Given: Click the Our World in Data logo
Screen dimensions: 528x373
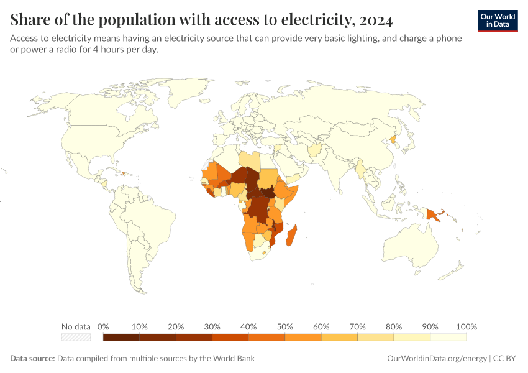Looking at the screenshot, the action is (x=498, y=21).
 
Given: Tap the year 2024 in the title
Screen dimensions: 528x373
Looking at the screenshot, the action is (x=376, y=20).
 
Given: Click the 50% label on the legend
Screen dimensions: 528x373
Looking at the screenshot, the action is (x=284, y=326).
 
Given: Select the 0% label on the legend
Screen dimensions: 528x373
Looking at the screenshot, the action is (x=103, y=326).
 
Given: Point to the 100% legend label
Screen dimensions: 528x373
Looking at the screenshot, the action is (x=467, y=326).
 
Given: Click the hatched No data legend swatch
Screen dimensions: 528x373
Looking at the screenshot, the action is (x=76, y=338).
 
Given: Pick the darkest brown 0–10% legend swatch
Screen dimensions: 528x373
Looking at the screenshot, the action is (x=121, y=338).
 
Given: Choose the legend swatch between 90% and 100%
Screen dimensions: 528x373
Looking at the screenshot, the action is (x=448, y=338).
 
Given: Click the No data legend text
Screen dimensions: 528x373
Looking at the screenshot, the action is (x=76, y=326).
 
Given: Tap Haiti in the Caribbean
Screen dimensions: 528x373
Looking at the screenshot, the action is (x=123, y=174).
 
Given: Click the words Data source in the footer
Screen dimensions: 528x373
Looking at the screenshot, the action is (x=32, y=358).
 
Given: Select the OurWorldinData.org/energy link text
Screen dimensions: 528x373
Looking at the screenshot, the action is (x=437, y=358).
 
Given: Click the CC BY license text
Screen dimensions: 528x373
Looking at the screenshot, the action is (x=504, y=358).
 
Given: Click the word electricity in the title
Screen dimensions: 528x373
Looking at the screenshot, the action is (x=319, y=20).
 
